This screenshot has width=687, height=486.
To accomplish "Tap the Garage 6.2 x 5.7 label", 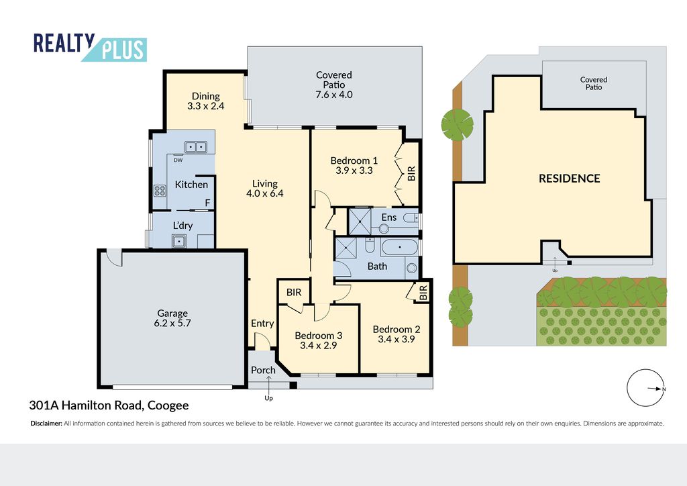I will (x=172, y=318).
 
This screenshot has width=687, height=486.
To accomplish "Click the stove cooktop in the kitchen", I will (x=160, y=190).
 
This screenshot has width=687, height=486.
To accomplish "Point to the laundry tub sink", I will (x=179, y=242).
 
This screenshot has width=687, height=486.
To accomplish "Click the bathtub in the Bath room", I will (x=400, y=248).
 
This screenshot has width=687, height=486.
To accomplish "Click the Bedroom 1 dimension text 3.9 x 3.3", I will (x=354, y=171).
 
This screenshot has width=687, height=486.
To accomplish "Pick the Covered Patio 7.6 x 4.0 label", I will (x=334, y=85).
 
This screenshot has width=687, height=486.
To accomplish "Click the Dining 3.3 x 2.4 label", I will (x=205, y=101).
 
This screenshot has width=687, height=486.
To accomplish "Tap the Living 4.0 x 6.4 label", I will (x=264, y=189).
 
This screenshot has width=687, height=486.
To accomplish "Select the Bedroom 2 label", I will (x=397, y=329).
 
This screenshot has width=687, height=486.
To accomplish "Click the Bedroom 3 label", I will (x=319, y=336).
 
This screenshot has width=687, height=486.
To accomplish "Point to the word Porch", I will (x=263, y=370).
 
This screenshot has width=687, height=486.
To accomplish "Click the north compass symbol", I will (x=645, y=388).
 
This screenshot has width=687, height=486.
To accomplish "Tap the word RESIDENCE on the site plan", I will (x=570, y=179).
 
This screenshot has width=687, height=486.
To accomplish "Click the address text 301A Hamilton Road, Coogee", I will (x=109, y=405).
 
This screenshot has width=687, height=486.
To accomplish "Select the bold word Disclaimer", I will (x=46, y=424).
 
